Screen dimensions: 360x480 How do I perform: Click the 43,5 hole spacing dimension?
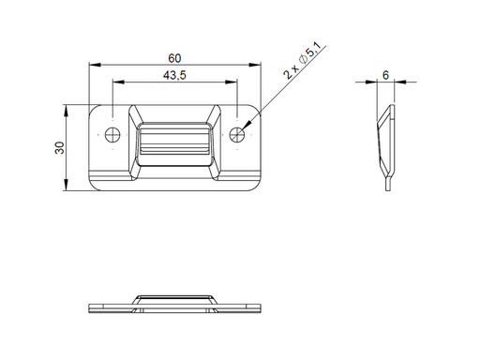click(x=173, y=74)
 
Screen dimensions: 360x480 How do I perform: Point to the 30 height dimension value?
click(x=59, y=147)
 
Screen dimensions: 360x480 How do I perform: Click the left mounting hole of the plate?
click(x=112, y=133)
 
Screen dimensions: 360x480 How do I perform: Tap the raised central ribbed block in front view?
click(x=174, y=146)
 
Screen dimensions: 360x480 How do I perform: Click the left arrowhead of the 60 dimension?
click(x=92, y=65)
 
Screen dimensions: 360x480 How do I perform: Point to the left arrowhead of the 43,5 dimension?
click(x=115, y=82)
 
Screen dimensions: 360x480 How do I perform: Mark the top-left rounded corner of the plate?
click(x=93, y=108)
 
